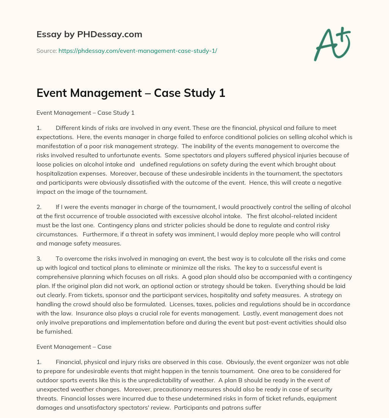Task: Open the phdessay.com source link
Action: point(138,51)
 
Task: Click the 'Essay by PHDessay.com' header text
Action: point(89,35)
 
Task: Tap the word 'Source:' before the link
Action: point(46,51)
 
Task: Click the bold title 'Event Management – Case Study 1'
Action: point(131,93)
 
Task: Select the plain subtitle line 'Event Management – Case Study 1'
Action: point(85,113)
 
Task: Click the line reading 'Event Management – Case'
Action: point(74,347)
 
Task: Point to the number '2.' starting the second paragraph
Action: point(39,207)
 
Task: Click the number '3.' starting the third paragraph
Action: point(39,258)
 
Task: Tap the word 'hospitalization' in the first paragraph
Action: point(55,173)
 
